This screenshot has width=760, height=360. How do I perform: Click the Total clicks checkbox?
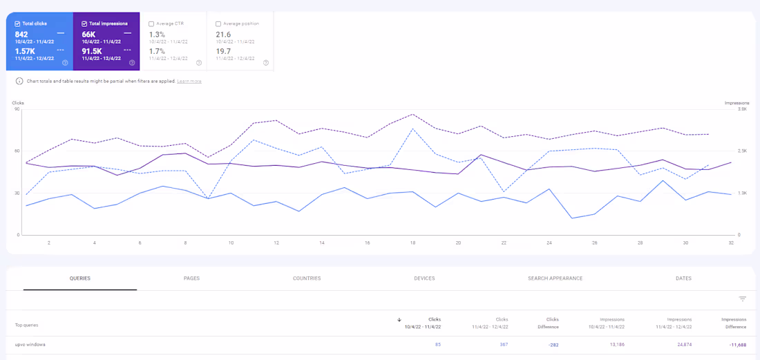point(17,23)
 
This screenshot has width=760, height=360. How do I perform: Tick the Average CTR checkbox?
point(151,23)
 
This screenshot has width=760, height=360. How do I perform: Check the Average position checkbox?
point(218,23)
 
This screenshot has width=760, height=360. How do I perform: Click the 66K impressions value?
point(88,34)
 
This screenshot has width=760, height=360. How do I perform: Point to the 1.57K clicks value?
point(25,51)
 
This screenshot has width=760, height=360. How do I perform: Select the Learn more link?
point(189,81)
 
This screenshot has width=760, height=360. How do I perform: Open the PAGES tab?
point(191,278)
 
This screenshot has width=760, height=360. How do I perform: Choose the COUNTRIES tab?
point(307,278)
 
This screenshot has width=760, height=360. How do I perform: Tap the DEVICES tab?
point(424,278)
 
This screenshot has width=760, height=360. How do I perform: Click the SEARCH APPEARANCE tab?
point(555,278)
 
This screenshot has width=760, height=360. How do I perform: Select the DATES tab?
point(683,278)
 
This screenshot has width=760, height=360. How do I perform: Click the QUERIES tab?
point(80,278)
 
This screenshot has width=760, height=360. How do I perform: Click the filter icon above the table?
point(743,299)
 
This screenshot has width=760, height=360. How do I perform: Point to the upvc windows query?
point(30,344)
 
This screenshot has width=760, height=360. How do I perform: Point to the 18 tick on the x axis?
point(412,243)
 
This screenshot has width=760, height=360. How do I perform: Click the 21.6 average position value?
point(223,34)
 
